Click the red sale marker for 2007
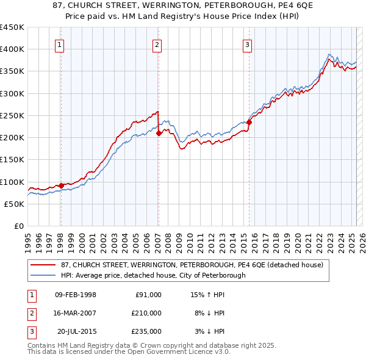click(159, 132)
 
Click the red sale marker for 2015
click(249, 122)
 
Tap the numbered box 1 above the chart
click(60, 44)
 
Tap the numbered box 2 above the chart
click(157, 44)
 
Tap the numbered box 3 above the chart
click(248, 44)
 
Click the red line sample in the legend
click(43, 265)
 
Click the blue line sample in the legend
click(43, 275)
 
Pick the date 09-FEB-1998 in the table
click(75, 295)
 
